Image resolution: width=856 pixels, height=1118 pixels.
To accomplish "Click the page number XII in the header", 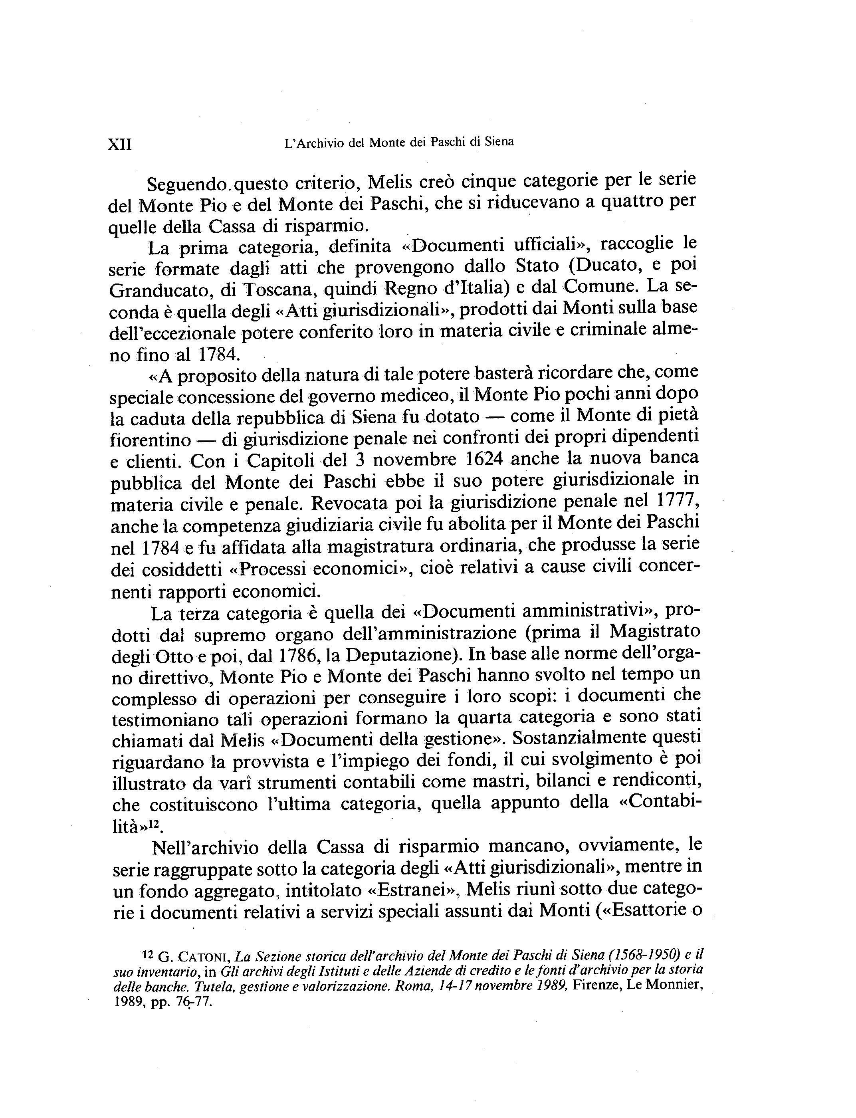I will (120, 145).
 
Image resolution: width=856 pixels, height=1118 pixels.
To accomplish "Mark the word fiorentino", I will (151, 440).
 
